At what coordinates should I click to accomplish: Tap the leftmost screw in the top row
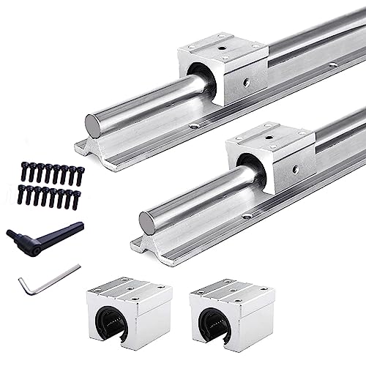point(23,171)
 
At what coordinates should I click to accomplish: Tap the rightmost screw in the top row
point(80,176)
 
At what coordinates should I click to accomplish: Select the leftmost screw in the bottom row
point(22,195)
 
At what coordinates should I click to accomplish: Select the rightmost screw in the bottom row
point(75,199)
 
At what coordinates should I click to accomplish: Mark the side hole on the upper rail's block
point(246,83)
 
